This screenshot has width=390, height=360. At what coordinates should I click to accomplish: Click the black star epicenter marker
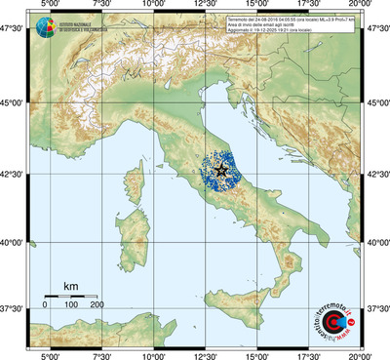click(x=221, y=170)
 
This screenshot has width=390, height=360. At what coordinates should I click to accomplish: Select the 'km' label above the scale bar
click(x=71, y=285)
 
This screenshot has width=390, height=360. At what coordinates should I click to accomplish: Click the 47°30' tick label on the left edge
click(x=14, y=31)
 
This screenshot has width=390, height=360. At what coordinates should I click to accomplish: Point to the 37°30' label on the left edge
click(x=14, y=308)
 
